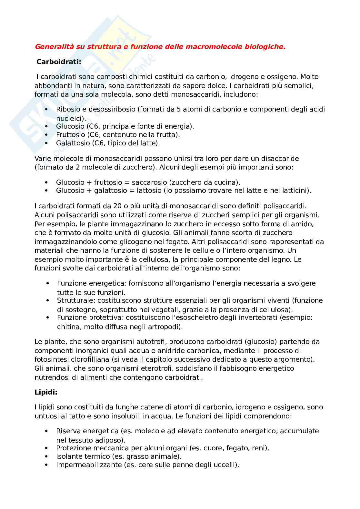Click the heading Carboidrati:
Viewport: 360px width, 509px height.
click(59, 62)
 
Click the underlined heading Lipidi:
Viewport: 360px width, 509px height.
click(46, 392)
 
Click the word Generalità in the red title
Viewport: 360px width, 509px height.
click(54, 47)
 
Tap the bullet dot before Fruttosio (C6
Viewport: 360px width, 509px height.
click(46, 135)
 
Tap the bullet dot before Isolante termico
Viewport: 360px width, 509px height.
click(46, 456)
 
